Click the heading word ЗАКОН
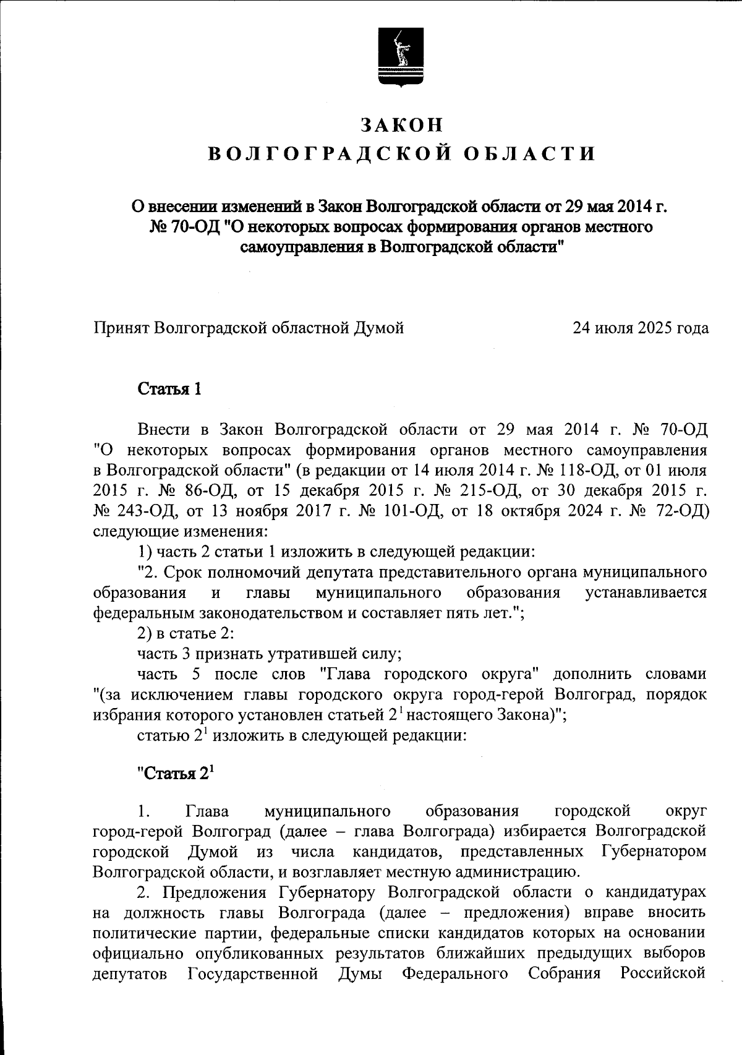click(402, 124)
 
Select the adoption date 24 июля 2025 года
click(640, 328)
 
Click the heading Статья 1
click(169, 389)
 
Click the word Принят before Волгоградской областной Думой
click(120, 328)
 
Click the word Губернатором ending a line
click(653, 852)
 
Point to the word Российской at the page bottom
click(663, 974)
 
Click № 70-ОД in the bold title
click(184, 227)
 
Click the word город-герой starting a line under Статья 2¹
click(138, 831)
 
